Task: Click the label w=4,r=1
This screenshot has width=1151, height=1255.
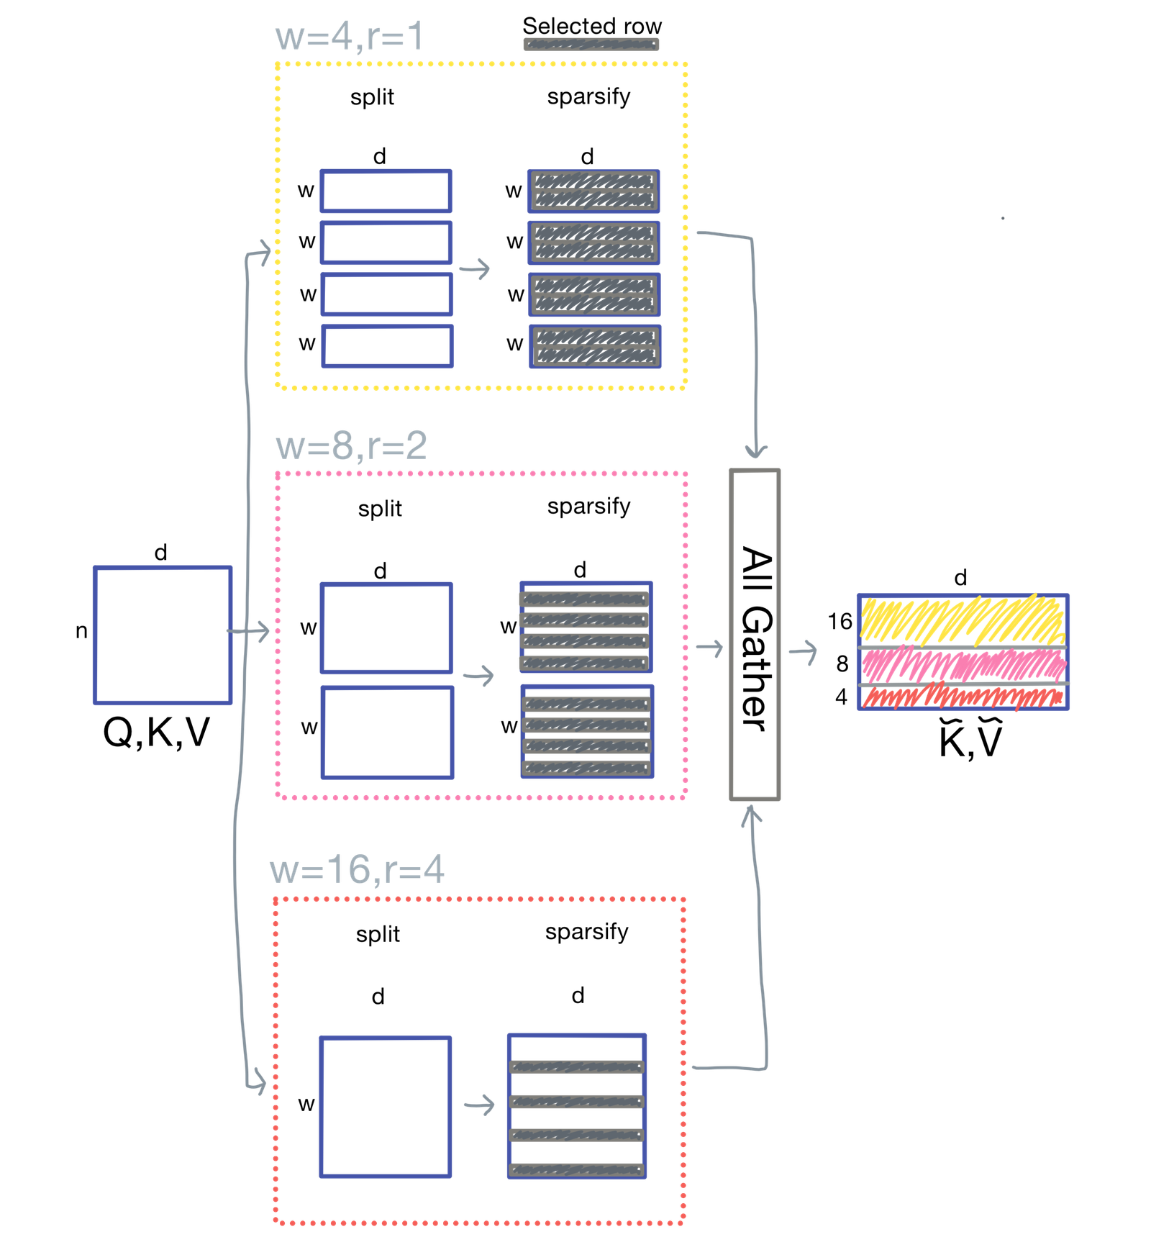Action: click(x=350, y=36)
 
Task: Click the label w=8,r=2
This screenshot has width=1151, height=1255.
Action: click(x=352, y=445)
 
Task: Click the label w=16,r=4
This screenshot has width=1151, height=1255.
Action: click(x=358, y=869)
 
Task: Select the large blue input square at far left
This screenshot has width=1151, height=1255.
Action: click(x=163, y=635)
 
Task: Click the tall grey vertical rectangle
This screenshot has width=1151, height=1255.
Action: click(x=755, y=635)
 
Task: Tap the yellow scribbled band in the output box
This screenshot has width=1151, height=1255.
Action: click(x=962, y=620)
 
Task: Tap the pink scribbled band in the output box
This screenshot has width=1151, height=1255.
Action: click(x=962, y=665)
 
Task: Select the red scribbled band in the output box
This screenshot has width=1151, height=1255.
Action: click(x=962, y=697)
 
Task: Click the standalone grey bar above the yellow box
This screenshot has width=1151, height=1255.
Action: click(x=591, y=45)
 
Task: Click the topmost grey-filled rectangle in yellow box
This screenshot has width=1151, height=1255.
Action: click(x=593, y=191)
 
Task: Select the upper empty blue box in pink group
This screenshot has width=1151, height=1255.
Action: click(x=386, y=627)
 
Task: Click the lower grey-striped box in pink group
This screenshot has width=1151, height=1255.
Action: click(x=586, y=731)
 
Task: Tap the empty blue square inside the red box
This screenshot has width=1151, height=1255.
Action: click(x=386, y=1107)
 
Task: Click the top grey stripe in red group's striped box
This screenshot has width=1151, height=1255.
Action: click(x=575, y=1067)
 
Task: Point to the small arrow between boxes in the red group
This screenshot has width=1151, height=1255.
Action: click(x=479, y=1105)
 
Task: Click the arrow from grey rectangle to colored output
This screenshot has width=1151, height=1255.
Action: click(x=804, y=651)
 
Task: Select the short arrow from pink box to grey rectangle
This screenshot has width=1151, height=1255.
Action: click(x=709, y=648)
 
